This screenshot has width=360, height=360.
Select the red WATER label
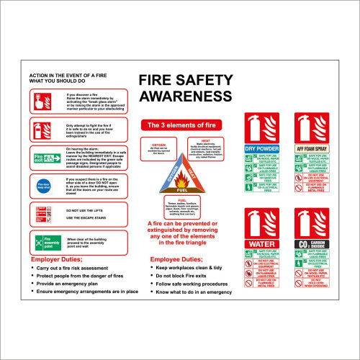(261, 244)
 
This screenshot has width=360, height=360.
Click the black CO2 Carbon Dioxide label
(312, 244)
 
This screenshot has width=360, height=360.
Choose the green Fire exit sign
(45, 156)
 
